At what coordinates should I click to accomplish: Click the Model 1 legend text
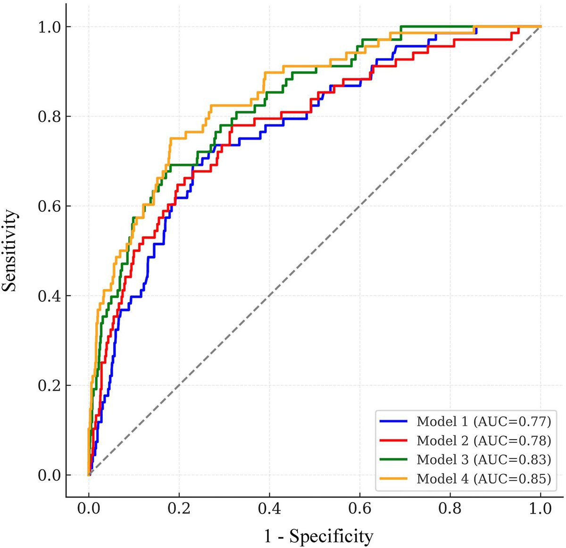click(x=483, y=422)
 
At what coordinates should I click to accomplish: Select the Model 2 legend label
click(x=483, y=440)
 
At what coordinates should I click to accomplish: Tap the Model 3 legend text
click(x=483, y=460)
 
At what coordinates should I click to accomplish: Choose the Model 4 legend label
click(x=483, y=479)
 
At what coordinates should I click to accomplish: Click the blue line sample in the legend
click(x=393, y=421)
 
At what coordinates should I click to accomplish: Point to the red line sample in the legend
click(x=393, y=440)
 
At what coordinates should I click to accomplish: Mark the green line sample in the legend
click(x=393, y=459)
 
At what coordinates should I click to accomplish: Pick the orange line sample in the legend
click(x=393, y=478)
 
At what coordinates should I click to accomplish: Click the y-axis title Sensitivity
click(x=9, y=251)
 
